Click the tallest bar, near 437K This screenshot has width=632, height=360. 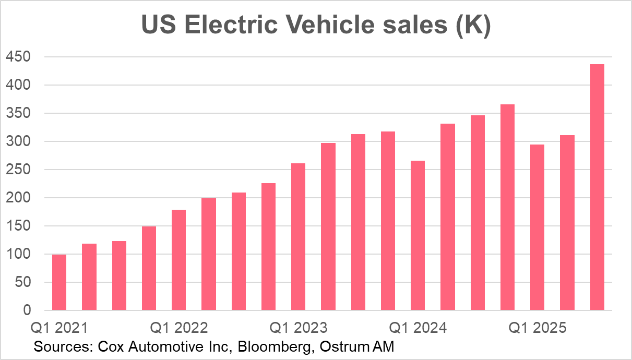597,188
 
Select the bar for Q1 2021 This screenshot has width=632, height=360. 59,282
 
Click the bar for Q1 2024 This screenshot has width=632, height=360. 418,235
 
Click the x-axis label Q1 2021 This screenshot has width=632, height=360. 59,328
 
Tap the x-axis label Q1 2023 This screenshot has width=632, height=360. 298,328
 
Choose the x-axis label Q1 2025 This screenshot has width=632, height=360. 537,328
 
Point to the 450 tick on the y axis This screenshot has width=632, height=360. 19,57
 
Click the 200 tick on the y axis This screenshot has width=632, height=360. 19,198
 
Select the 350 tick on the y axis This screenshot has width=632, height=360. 19,113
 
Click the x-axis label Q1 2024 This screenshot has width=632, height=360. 418,328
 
